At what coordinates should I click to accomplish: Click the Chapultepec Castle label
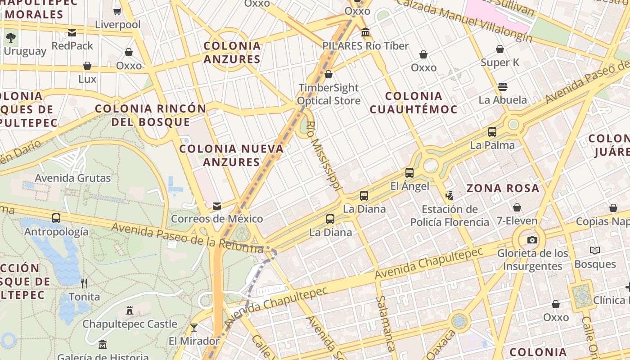130,324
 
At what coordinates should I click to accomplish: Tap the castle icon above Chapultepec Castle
130,310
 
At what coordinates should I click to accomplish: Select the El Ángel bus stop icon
409,172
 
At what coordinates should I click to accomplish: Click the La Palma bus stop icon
492,132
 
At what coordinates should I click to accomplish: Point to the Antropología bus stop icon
56,218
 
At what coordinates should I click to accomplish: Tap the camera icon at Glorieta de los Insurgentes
532,240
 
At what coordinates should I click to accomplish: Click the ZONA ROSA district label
503,188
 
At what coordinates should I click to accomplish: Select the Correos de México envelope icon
217,206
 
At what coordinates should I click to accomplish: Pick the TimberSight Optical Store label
328,94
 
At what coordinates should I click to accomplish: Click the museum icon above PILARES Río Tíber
365,32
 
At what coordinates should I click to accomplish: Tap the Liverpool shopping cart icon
117,11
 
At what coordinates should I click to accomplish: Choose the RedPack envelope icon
72,32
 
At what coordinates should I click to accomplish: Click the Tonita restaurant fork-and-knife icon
84,283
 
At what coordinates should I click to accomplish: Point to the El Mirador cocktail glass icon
194,327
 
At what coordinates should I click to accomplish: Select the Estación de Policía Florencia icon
449,195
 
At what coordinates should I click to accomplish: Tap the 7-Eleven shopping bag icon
517,207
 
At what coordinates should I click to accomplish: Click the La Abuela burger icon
503,87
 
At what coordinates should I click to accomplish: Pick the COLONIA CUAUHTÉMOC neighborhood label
414,102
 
